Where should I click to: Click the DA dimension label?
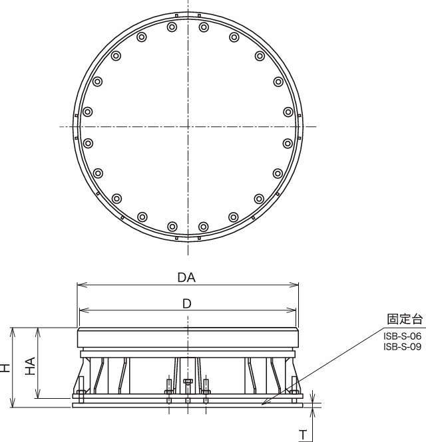point(186,277)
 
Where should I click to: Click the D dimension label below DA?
point(187,304)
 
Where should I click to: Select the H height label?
point(5,368)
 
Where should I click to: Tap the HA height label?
point(30,366)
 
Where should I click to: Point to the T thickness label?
point(303,435)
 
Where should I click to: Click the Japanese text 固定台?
point(405,319)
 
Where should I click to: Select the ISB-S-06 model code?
point(402,336)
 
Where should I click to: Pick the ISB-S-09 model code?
point(402,346)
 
